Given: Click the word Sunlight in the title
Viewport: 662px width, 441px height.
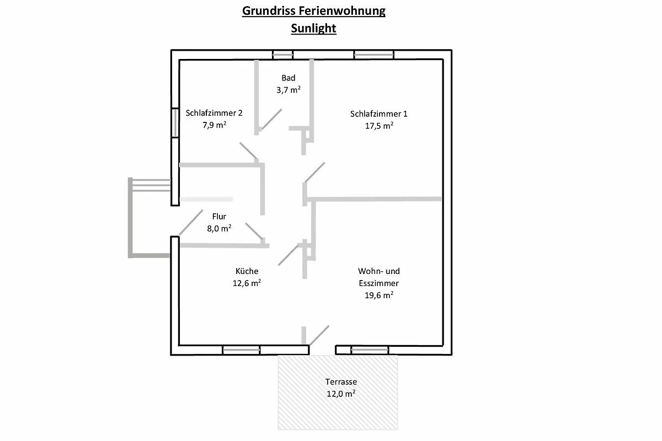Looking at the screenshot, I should [x=313, y=29].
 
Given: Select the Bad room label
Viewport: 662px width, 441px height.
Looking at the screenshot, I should [x=288, y=78].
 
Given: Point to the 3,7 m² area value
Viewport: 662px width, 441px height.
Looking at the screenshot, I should [x=288, y=89].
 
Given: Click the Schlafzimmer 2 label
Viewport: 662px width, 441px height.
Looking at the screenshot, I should [x=214, y=113].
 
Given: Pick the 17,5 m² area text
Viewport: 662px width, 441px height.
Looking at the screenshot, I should [x=378, y=126].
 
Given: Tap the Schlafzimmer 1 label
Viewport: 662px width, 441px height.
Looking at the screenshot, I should [x=378, y=114].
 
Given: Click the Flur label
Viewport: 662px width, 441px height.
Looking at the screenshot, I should [x=219, y=217].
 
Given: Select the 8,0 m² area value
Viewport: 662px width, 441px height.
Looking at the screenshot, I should [x=219, y=228].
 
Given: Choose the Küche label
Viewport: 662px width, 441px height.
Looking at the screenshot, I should [x=247, y=271].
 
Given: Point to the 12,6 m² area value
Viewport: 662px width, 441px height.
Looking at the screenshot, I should [x=247, y=283].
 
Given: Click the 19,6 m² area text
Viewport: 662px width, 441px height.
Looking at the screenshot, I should [x=378, y=295].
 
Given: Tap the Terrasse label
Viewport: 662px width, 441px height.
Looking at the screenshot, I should [x=340, y=381].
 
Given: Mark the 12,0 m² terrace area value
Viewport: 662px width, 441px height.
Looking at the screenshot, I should [x=340, y=394].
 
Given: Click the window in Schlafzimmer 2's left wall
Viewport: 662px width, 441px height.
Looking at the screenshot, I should [x=175, y=122].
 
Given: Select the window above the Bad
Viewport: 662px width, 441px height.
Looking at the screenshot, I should [x=283, y=55].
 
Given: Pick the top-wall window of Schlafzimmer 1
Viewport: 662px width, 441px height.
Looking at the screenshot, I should [x=373, y=55].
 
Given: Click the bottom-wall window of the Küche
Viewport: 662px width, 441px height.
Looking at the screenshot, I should [x=241, y=349].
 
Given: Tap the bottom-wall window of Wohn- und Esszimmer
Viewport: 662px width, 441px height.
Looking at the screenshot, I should [x=370, y=349].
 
